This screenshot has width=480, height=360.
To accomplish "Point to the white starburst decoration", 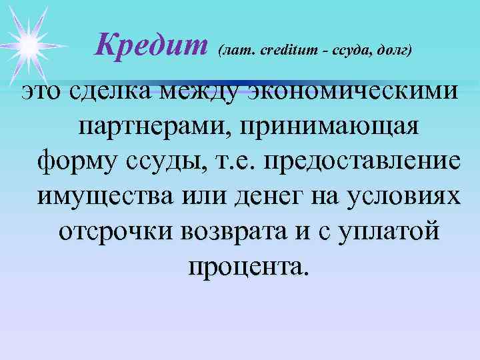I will click(28, 43).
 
